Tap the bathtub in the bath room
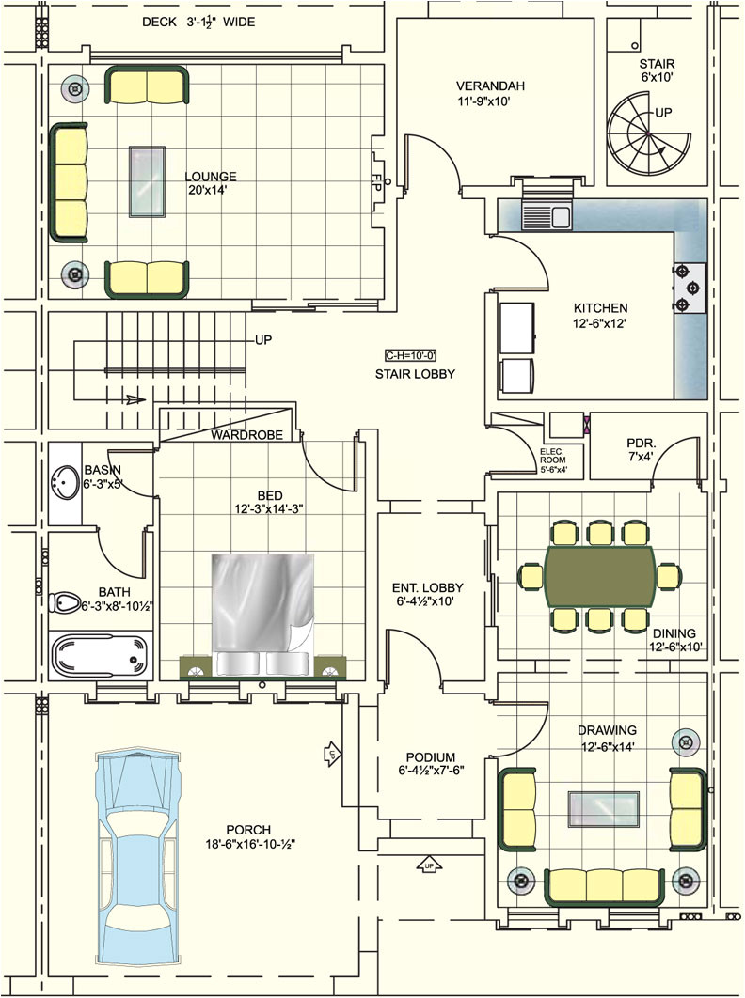click(x=100, y=656)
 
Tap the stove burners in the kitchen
click(x=690, y=288)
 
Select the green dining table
click(x=600, y=575)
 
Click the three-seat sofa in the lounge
click(x=69, y=180)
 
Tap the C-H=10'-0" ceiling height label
click(x=411, y=355)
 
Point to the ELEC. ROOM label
click(x=552, y=461)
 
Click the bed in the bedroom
click(x=261, y=616)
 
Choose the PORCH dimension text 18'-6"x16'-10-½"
click(x=248, y=844)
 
